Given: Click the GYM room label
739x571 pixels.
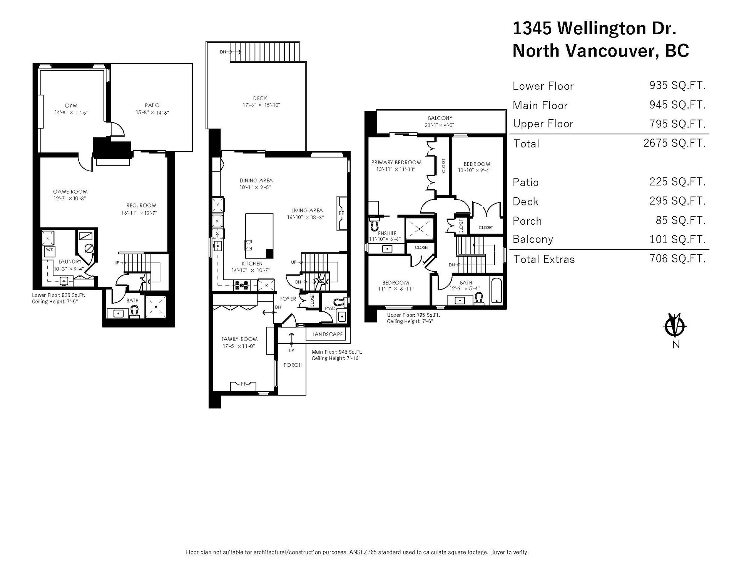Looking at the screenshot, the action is [71, 106].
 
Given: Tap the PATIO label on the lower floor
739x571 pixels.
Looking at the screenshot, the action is [152, 105].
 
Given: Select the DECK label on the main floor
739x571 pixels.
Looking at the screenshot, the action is [260, 99].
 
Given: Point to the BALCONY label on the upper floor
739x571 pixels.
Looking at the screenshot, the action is [440, 118].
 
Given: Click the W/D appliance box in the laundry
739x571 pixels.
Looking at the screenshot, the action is [50, 249].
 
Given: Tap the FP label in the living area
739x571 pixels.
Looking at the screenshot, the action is [341, 213].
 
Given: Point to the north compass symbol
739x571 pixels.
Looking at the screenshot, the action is [675, 326].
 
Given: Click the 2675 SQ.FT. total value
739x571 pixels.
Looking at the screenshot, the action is [674, 143].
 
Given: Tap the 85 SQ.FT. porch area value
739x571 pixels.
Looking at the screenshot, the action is [681, 220].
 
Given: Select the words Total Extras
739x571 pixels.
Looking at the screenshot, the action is [544, 259].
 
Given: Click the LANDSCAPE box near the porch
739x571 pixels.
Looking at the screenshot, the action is [328, 334].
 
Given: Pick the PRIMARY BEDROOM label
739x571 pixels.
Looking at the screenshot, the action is [396, 162].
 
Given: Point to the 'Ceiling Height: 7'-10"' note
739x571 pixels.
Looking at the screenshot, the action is [336, 359].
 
